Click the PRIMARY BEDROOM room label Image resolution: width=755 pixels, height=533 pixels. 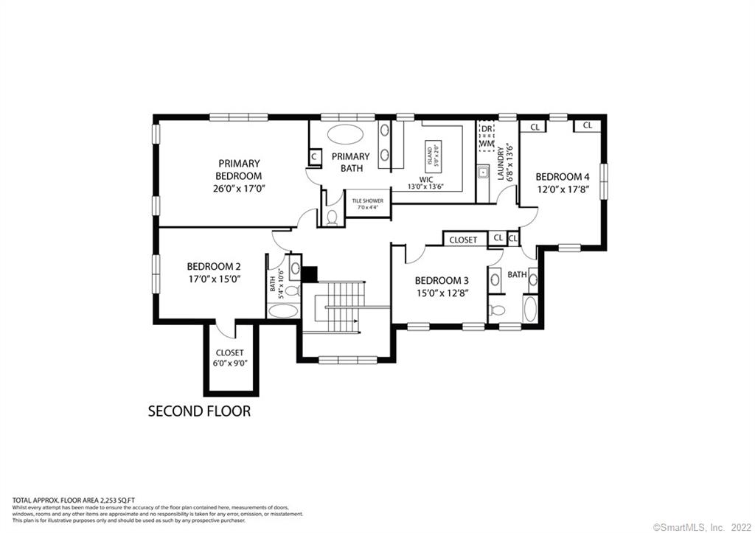(x=238, y=170)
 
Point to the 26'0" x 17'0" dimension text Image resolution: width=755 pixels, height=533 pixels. (x=238, y=189)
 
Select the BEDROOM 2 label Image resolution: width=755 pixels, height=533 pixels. (x=213, y=266)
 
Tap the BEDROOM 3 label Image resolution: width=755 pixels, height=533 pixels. (x=441, y=280)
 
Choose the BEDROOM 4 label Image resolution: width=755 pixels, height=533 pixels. (x=562, y=177)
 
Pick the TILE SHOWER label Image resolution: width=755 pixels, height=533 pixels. (x=367, y=201)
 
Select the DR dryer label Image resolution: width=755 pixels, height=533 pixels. (x=486, y=128)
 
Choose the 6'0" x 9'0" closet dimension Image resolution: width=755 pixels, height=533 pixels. (x=229, y=363)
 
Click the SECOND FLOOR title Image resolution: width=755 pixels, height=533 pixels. (x=199, y=411)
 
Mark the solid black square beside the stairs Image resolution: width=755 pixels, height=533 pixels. (x=309, y=273)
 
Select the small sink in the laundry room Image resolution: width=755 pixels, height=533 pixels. (x=484, y=173)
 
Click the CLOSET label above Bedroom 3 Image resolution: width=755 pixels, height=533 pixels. (x=463, y=240)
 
